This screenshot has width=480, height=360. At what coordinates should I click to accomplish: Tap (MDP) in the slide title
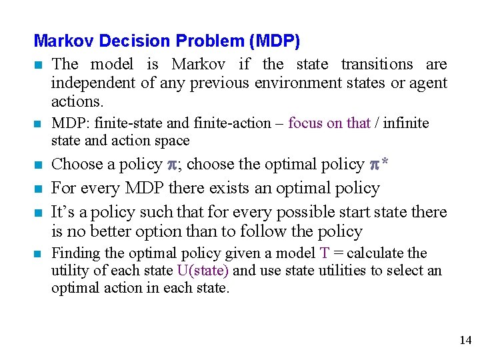point(274,41)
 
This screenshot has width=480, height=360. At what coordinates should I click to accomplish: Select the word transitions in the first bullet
point(377,65)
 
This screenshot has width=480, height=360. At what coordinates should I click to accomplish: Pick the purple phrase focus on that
point(329,123)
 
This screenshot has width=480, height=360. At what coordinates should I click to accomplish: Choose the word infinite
point(405,123)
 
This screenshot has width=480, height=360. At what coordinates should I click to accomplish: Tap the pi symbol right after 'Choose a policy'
point(173,165)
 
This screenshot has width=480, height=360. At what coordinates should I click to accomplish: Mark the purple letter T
point(325,253)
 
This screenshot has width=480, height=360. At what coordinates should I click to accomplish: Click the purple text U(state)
point(203,271)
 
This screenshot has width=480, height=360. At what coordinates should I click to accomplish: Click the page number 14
point(465,341)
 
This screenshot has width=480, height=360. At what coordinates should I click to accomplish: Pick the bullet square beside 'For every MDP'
point(40,189)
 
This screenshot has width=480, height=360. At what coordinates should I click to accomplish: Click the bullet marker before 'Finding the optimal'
point(40,254)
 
